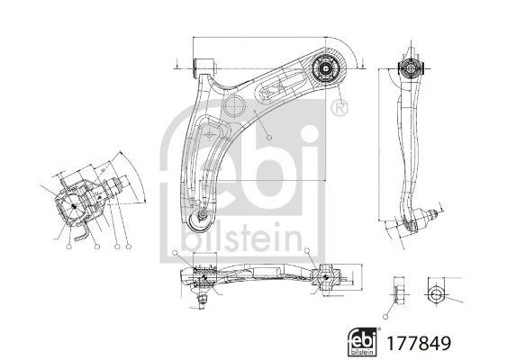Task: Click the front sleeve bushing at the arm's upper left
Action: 205,66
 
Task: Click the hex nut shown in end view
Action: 435,293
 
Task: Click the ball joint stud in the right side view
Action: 429,214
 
